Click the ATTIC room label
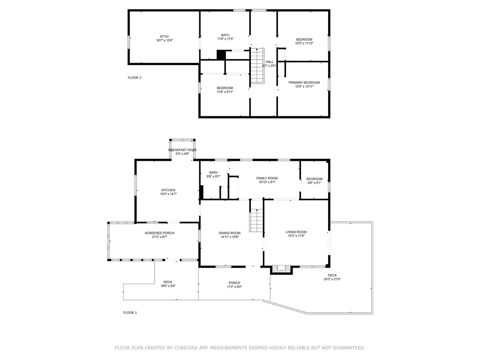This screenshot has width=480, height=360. (164, 37)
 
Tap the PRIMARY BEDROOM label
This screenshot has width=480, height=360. (304, 82)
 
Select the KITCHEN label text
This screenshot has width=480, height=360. (168, 190)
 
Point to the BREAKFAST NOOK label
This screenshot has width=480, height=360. (182, 150)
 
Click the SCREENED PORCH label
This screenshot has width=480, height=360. (159, 233)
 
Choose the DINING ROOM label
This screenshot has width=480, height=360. (229, 233)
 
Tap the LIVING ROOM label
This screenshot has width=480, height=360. (296, 232)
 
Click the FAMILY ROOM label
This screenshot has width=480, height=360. (267, 178)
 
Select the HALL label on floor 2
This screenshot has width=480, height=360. (270, 62)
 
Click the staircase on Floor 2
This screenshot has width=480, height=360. (257, 66)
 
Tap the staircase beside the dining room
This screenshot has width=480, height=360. (256, 221)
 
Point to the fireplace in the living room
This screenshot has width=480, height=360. (282, 269)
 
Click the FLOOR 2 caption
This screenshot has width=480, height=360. (135, 78)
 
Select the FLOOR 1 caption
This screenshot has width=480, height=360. (130, 313)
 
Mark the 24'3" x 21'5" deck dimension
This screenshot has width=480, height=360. (332, 279)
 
